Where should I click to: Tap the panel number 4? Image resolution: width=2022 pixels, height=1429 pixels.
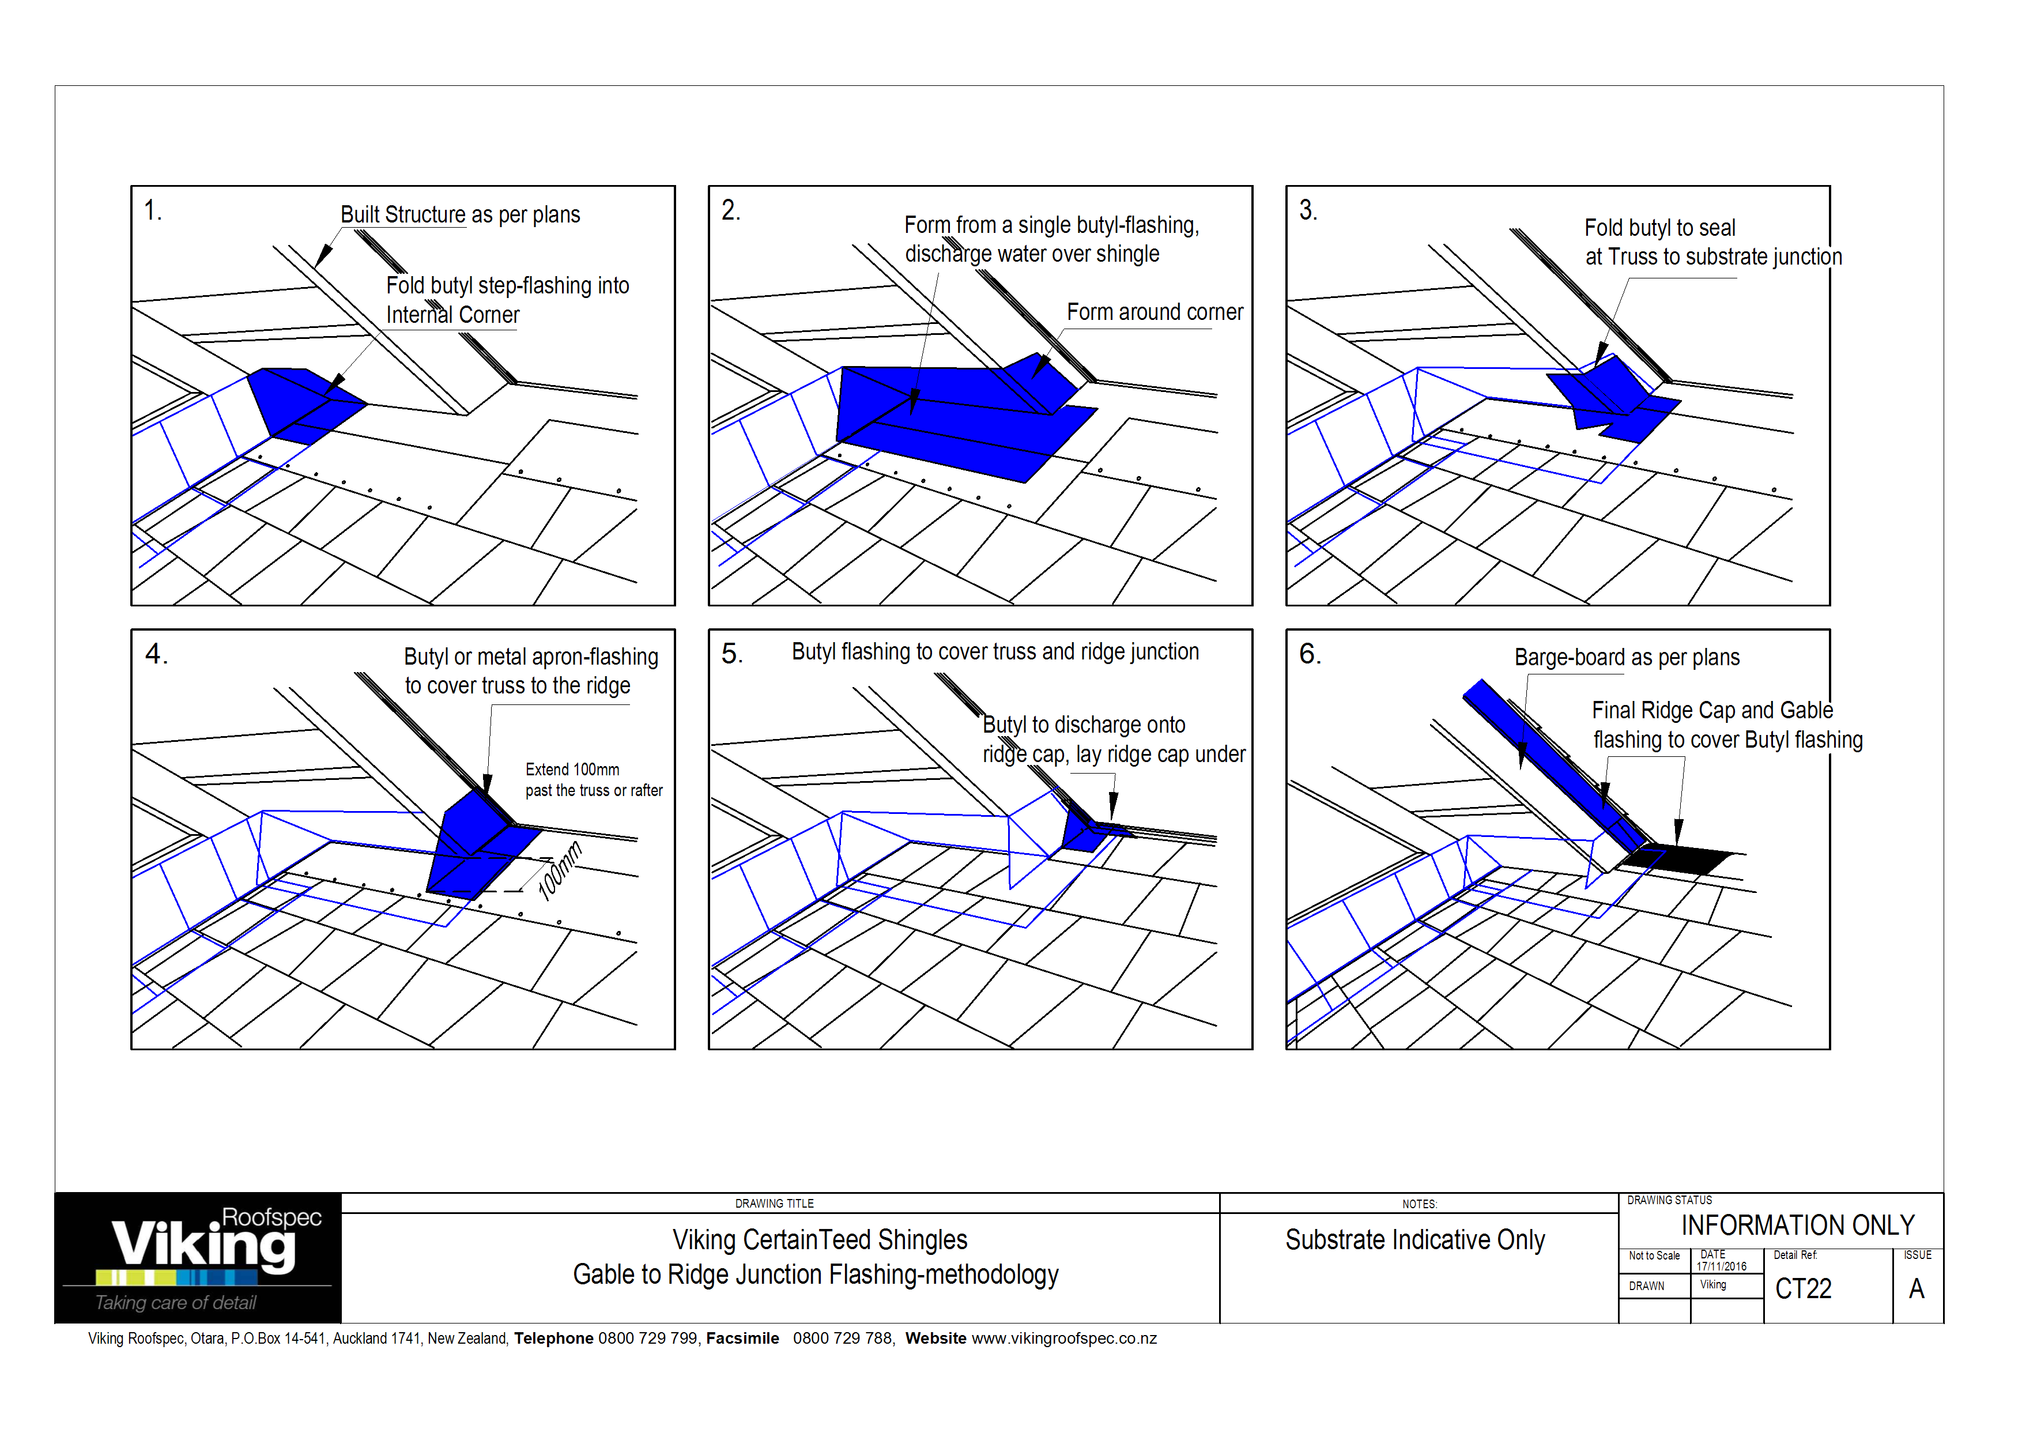[156, 654]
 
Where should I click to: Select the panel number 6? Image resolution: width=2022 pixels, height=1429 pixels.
[1310, 654]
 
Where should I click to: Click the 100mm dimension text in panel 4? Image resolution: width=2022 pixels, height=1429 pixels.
[560, 871]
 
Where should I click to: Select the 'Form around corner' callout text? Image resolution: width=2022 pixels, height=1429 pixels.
[1155, 312]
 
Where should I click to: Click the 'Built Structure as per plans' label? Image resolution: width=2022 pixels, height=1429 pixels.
[460, 215]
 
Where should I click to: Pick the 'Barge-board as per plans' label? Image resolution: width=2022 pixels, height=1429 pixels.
[1627, 658]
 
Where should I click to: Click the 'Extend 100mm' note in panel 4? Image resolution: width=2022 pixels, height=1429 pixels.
[572, 770]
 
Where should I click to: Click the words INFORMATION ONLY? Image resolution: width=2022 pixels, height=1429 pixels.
[1797, 1226]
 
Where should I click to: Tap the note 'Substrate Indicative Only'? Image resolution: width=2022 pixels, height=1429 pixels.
[1414, 1241]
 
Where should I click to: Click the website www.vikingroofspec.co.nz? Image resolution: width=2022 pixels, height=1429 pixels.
[1064, 1338]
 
